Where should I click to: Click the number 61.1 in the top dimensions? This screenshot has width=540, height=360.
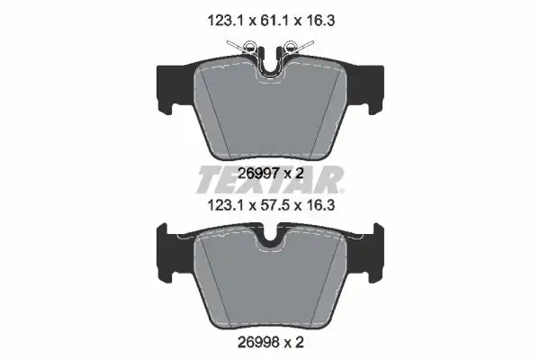click(x=271, y=21)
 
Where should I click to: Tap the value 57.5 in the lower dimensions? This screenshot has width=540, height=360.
click(x=271, y=206)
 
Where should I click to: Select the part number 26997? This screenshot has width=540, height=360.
click(x=258, y=174)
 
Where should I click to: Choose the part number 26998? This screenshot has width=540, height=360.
click(x=258, y=342)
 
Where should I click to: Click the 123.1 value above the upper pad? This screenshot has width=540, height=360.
click(x=226, y=21)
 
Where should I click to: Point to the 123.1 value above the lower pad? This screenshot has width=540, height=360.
click(x=226, y=206)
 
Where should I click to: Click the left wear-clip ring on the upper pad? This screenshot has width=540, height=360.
click(x=249, y=45)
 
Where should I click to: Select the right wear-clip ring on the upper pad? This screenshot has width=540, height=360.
click(x=291, y=45)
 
